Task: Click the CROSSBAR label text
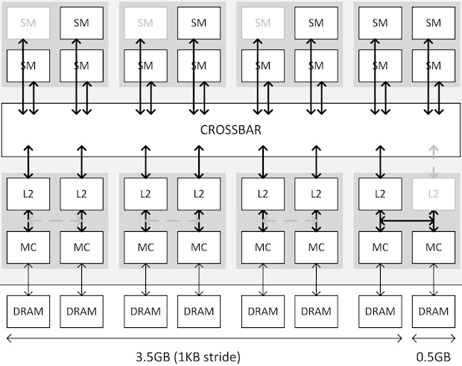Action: pyautogui.click(x=231, y=130)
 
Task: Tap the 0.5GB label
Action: pyautogui.click(x=434, y=357)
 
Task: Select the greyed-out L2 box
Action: pyautogui.click(x=434, y=194)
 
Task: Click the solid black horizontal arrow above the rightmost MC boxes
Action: pyautogui.click(x=407, y=221)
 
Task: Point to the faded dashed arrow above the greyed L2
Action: pyautogui.click(x=434, y=162)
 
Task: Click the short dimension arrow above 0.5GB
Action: pyautogui.click(x=434, y=338)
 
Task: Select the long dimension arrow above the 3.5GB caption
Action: pyautogui.click(x=204, y=338)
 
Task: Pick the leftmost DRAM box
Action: pyautogui.click(x=28, y=312)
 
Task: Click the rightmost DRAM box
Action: pyautogui.click(x=434, y=312)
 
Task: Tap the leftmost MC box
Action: pyautogui.click(x=28, y=247)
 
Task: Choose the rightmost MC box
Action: pyautogui.click(x=434, y=247)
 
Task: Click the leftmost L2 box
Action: pyautogui.click(x=28, y=194)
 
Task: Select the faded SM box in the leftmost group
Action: pyautogui.click(x=28, y=23)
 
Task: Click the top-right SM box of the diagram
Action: pyautogui.click(x=434, y=23)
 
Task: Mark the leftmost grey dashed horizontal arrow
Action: pyautogui.click(x=55, y=221)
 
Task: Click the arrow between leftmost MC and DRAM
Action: pyautogui.click(x=28, y=280)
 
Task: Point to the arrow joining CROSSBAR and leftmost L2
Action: pyautogui.click(x=28, y=162)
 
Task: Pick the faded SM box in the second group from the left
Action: pyautogui.click(x=145, y=23)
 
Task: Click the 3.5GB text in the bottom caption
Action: pyautogui.click(x=154, y=357)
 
